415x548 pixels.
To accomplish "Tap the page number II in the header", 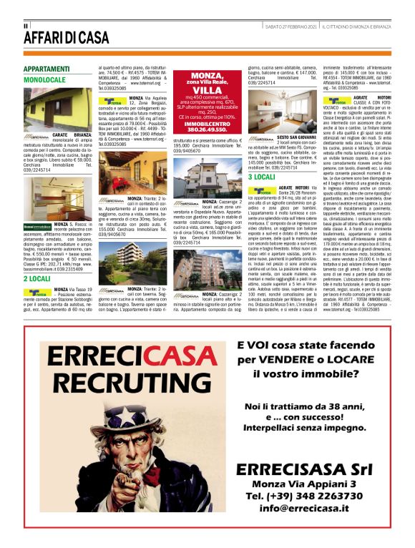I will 26,26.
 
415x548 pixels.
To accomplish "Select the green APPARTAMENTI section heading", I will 47,69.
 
